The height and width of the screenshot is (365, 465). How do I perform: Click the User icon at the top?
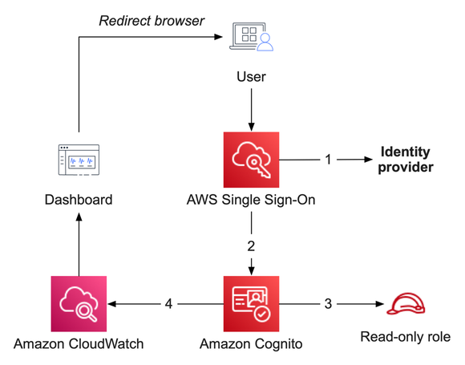pos(252,37)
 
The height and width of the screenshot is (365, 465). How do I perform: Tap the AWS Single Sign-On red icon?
pos(252,160)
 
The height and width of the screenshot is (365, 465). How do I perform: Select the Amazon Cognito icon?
pos(252,303)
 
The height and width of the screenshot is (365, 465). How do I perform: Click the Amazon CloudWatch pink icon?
pos(79,303)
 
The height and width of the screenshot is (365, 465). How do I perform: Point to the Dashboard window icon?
pos(79,160)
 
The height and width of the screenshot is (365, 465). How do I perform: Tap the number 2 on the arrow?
pos(252,246)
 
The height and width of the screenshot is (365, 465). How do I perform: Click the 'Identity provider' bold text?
pos(405,160)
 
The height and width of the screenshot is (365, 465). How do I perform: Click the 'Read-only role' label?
pos(405,336)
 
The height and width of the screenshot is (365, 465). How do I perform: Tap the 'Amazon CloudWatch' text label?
pos(79,345)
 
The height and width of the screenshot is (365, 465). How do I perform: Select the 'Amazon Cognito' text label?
pos(252,345)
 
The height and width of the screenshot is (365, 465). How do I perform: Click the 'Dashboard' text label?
pos(79,200)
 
